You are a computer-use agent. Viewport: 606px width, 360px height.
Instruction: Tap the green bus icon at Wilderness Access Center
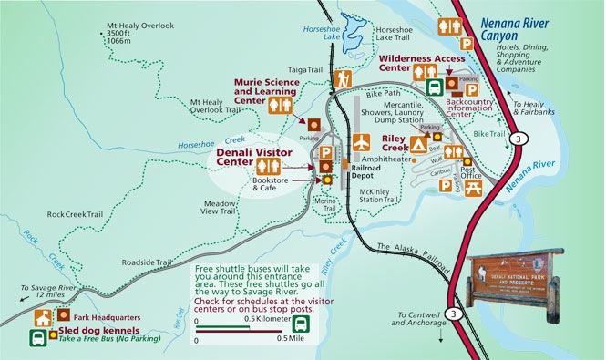coord(435,87)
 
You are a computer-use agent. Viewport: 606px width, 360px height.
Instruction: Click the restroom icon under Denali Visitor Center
coord(268,165)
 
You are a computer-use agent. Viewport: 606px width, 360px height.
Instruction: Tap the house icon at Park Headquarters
coord(41,318)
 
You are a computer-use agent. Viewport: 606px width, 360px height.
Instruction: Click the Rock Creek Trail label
coord(75,214)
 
